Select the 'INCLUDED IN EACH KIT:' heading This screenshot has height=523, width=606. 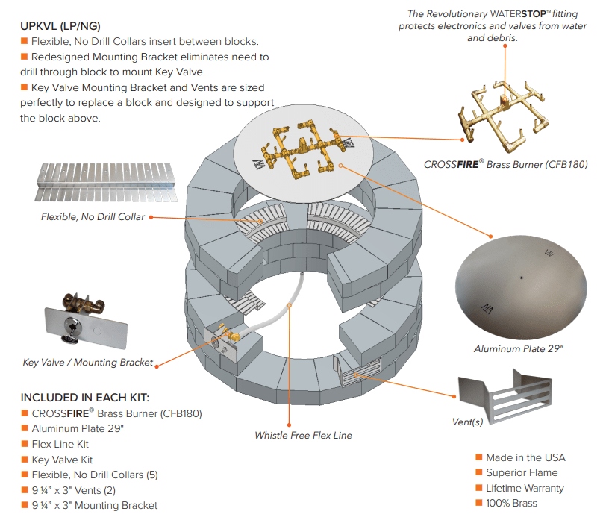click(x=90, y=397)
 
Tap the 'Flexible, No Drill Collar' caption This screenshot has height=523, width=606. click(x=93, y=217)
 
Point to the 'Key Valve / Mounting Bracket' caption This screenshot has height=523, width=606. click(x=87, y=363)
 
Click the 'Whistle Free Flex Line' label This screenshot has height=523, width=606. click(x=303, y=435)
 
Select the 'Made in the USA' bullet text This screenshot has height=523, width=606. click(x=525, y=457)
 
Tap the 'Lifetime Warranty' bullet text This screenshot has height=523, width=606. click(x=525, y=488)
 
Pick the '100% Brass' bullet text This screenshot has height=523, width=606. click(x=511, y=503)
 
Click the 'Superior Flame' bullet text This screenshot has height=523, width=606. click(x=521, y=472)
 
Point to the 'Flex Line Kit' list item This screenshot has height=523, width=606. click(x=60, y=444)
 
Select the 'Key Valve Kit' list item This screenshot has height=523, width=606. click(x=62, y=460)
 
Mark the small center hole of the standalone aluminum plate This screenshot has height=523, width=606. click(x=522, y=278)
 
